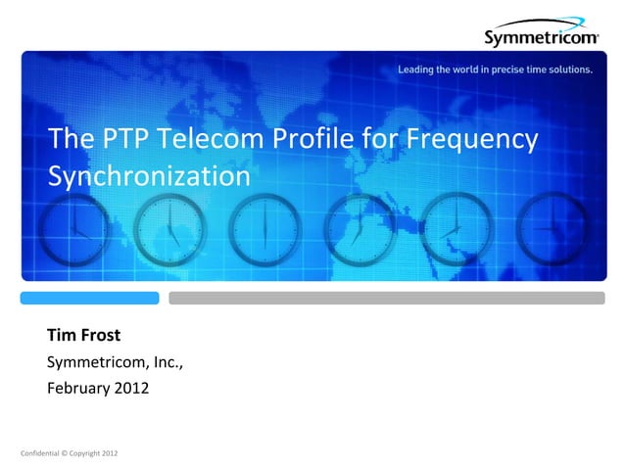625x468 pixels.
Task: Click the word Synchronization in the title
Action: [149, 176]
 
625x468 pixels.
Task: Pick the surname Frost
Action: [101, 337]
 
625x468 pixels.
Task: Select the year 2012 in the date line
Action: [133, 389]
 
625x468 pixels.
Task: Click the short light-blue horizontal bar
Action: [90, 298]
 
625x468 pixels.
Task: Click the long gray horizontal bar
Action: [395, 298]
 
